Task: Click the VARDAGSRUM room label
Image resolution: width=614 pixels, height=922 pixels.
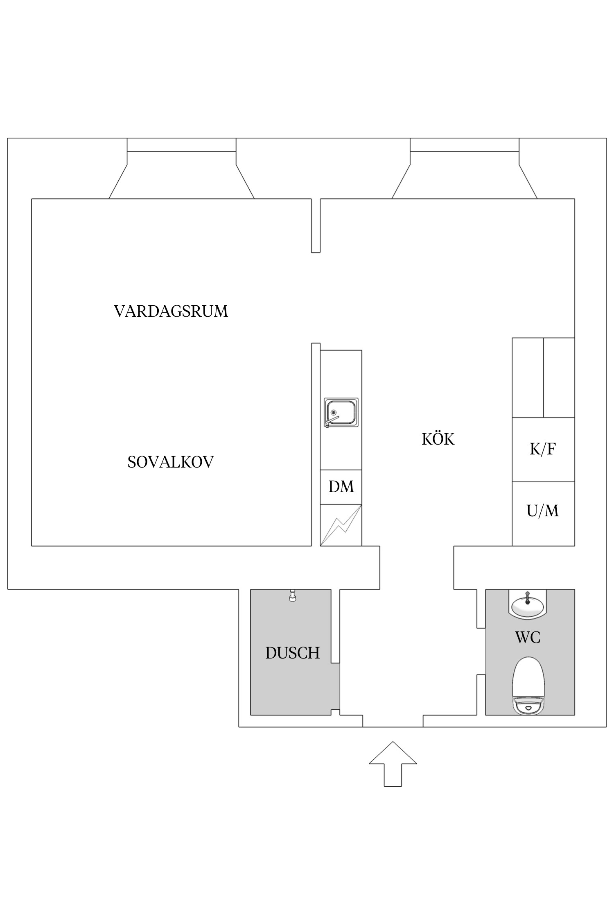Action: point(171,311)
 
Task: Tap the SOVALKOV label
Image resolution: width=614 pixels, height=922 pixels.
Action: point(170,462)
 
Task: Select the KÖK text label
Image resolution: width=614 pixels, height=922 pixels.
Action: point(438,439)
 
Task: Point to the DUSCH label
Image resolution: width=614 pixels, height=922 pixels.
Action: point(292,653)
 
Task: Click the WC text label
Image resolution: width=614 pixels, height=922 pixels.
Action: point(528,638)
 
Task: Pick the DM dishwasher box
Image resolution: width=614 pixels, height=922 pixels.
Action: point(341,487)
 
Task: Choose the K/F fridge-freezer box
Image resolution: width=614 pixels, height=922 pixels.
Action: point(543,450)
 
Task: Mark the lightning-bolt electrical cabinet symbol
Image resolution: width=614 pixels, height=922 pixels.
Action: point(341,525)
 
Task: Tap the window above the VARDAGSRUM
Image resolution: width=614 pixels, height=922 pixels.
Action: point(181,145)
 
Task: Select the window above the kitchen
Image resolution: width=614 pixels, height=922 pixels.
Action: point(465,145)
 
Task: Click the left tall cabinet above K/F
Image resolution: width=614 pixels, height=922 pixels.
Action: point(528,377)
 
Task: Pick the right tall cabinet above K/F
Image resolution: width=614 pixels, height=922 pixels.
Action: point(559,377)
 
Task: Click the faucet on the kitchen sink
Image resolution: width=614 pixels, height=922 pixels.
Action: point(331,421)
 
